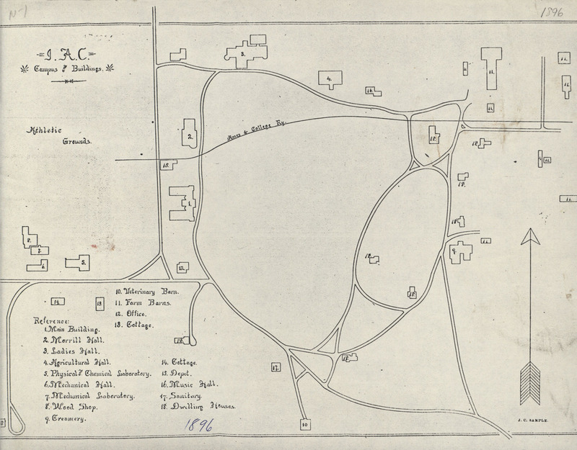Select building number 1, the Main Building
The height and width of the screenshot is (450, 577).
182,204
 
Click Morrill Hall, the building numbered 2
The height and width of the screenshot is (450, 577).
189,134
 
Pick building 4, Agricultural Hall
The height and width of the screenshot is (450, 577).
329,78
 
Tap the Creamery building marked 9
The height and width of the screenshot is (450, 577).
457,252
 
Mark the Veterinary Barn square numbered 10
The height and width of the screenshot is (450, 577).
305,425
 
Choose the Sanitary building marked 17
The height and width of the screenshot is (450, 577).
275,366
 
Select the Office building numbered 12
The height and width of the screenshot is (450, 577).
182,267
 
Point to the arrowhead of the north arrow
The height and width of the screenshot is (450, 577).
530,238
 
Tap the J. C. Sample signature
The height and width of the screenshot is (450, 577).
534,418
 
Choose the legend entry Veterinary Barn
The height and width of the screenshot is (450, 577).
147,292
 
